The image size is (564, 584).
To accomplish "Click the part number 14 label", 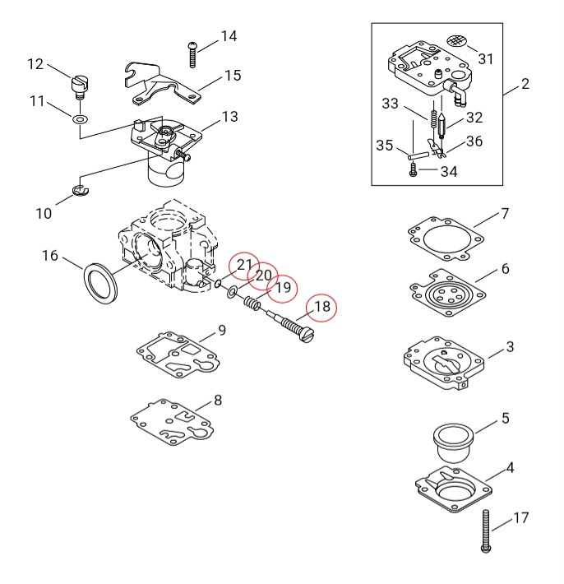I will [228, 36].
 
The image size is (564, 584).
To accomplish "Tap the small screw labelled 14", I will [192, 53].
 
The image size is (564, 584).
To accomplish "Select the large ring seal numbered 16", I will [100, 281].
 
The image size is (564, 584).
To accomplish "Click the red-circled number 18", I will [322, 307].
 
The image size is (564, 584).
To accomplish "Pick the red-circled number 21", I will [244, 265].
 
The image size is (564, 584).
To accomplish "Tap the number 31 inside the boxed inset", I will [486, 58].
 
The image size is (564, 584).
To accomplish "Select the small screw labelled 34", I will [414, 171].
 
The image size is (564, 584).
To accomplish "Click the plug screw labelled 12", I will [78, 85].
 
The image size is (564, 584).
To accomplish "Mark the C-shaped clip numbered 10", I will [82, 192].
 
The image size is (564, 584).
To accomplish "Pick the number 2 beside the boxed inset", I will [525, 84].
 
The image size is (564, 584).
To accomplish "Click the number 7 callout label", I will [505, 214].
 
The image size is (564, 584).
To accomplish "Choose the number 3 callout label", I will [510, 347].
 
